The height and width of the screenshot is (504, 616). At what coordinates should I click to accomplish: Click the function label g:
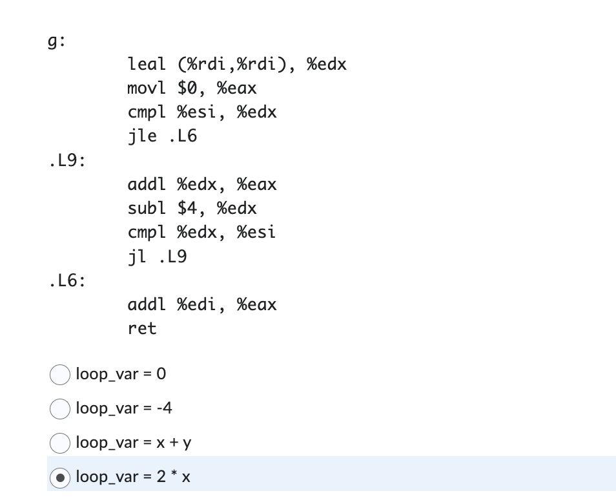[56, 41]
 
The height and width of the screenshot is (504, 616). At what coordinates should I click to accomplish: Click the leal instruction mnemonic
[147, 65]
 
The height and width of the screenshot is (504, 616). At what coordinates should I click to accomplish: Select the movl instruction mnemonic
[147, 89]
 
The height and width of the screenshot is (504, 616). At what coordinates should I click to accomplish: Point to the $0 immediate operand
[191, 89]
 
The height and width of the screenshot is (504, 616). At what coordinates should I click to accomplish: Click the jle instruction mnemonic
[142, 136]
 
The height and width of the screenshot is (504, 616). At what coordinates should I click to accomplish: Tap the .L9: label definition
[67, 161]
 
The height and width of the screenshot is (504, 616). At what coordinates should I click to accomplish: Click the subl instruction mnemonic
[147, 209]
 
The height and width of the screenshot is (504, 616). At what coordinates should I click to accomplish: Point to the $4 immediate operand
[191, 209]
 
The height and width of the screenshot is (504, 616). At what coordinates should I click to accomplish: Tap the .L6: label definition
[67, 281]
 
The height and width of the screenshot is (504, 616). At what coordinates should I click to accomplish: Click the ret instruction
[142, 329]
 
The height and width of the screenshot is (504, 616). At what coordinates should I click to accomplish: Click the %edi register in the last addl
[202, 304]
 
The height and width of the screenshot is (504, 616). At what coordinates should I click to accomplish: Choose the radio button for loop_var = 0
[60, 375]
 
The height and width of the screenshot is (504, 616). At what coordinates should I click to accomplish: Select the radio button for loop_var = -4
[60, 409]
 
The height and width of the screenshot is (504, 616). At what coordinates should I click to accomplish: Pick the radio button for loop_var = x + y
[60, 443]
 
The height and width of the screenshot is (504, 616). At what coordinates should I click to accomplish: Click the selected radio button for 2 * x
[60, 478]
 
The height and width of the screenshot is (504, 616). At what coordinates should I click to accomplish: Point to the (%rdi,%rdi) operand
[236, 65]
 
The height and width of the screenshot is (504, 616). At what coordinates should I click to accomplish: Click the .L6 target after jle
[182, 136]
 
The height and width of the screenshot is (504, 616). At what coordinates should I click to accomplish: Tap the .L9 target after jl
[172, 257]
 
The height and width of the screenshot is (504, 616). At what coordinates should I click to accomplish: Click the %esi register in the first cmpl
[202, 112]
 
